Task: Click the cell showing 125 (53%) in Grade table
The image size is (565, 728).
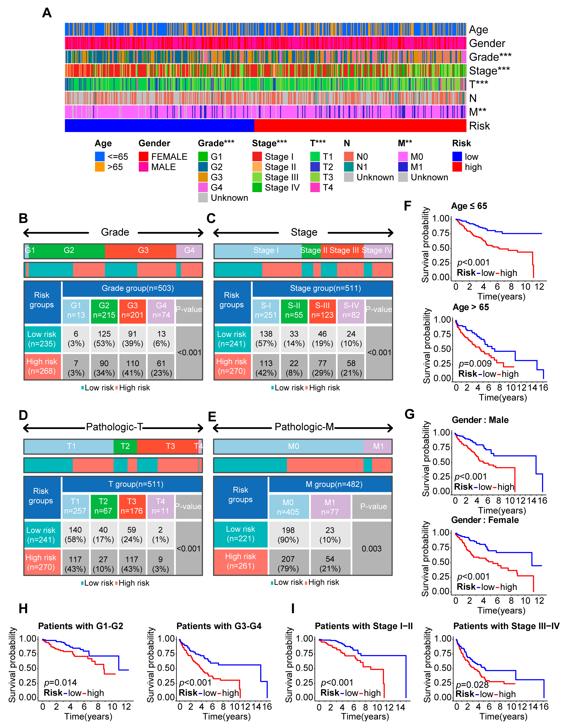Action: pyautogui.click(x=104, y=339)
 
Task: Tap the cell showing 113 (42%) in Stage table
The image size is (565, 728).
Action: pyautogui.click(x=266, y=368)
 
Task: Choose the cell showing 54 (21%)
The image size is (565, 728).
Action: pyautogui.click(x=330, y=564)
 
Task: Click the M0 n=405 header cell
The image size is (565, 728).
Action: pyautogui.click(x=288, y=507)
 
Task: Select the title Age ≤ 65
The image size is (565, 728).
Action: pyautogui.click(x=469, y=206)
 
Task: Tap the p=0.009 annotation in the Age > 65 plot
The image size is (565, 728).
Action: pyautogui.click(x=475, y=363)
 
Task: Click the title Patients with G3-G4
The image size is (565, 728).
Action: pyautogui.click(x=219, y=626)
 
